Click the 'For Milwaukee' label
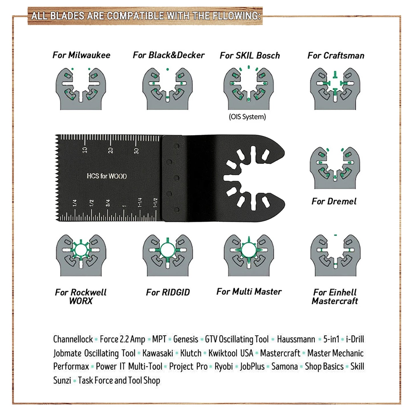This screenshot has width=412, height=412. click(x=81, y=55)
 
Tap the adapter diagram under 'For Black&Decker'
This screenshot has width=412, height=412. click(x=168, y=88)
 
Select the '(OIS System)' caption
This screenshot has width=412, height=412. click(x=247, y=117)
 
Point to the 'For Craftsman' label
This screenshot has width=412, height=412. click(x=336, y=55)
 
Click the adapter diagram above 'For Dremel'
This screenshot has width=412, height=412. click(x=335, y=168)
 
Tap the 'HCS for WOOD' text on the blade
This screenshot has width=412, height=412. click(x=107, y=176)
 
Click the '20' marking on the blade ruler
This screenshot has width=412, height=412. click(x=111, y=150)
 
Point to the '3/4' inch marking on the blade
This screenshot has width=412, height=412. click(x=108, y=203)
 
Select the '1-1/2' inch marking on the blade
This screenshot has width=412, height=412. click(x=155, y=203)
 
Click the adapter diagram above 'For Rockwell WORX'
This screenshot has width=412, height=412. click(x=81, y=255)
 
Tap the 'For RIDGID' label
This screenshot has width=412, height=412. click(x=168, y=292)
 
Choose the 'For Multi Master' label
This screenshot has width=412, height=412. click(x=249, y=291)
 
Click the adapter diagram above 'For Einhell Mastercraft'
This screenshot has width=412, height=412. click(x=335, y=255)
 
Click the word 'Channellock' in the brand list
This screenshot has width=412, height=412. click(x=73, y=339)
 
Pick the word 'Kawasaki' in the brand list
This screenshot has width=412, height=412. click(x=158, y=353)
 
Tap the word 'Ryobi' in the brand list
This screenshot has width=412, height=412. click(x=224, y=367)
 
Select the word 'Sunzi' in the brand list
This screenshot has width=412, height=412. click(x=62, y=380)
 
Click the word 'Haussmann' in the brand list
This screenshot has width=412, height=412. click(x=296, y=339)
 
